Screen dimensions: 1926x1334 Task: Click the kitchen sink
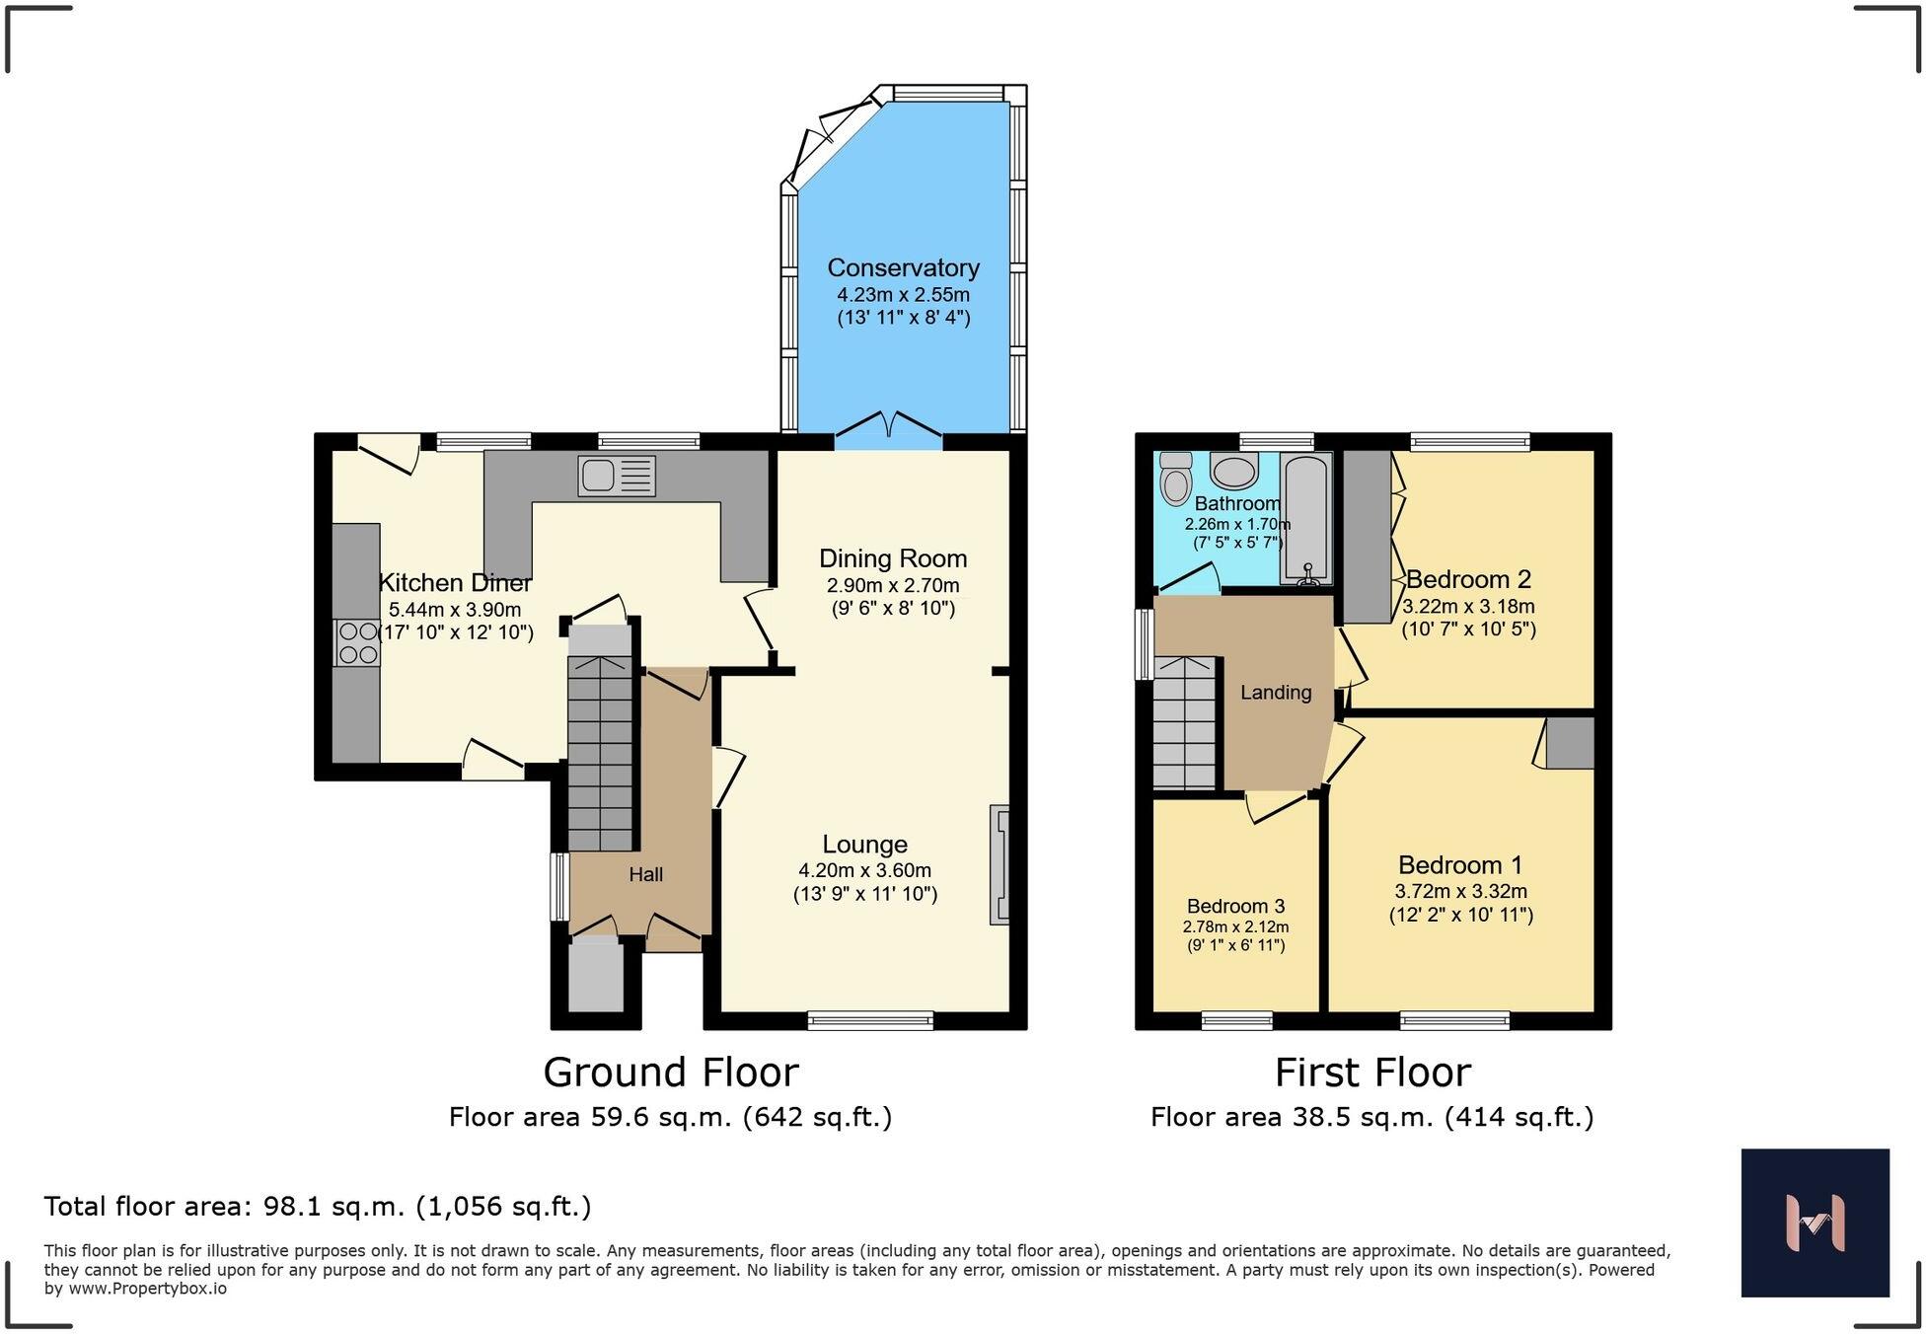point(617,476)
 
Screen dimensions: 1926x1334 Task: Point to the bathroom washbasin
point(1234,471)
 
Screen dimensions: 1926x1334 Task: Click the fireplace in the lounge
point(1000,864)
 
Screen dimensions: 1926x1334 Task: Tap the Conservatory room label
point(903,267)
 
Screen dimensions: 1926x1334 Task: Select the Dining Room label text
point(893,558)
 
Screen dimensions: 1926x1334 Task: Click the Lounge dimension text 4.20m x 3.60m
point(864,870)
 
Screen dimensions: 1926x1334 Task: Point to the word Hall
point(646,874)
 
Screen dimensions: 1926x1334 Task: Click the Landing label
point(1276,693)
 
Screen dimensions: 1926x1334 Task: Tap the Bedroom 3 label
point(1235,906)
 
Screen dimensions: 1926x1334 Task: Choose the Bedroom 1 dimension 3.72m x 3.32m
point(1460,891)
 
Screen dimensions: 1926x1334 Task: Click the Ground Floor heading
point(671,1072)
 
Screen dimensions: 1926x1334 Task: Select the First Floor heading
point(1372,1072)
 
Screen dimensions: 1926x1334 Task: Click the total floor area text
point(318,1206)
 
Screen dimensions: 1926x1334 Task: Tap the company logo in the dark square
point(1815,1223)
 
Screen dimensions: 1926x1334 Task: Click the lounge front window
point(870,1021)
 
